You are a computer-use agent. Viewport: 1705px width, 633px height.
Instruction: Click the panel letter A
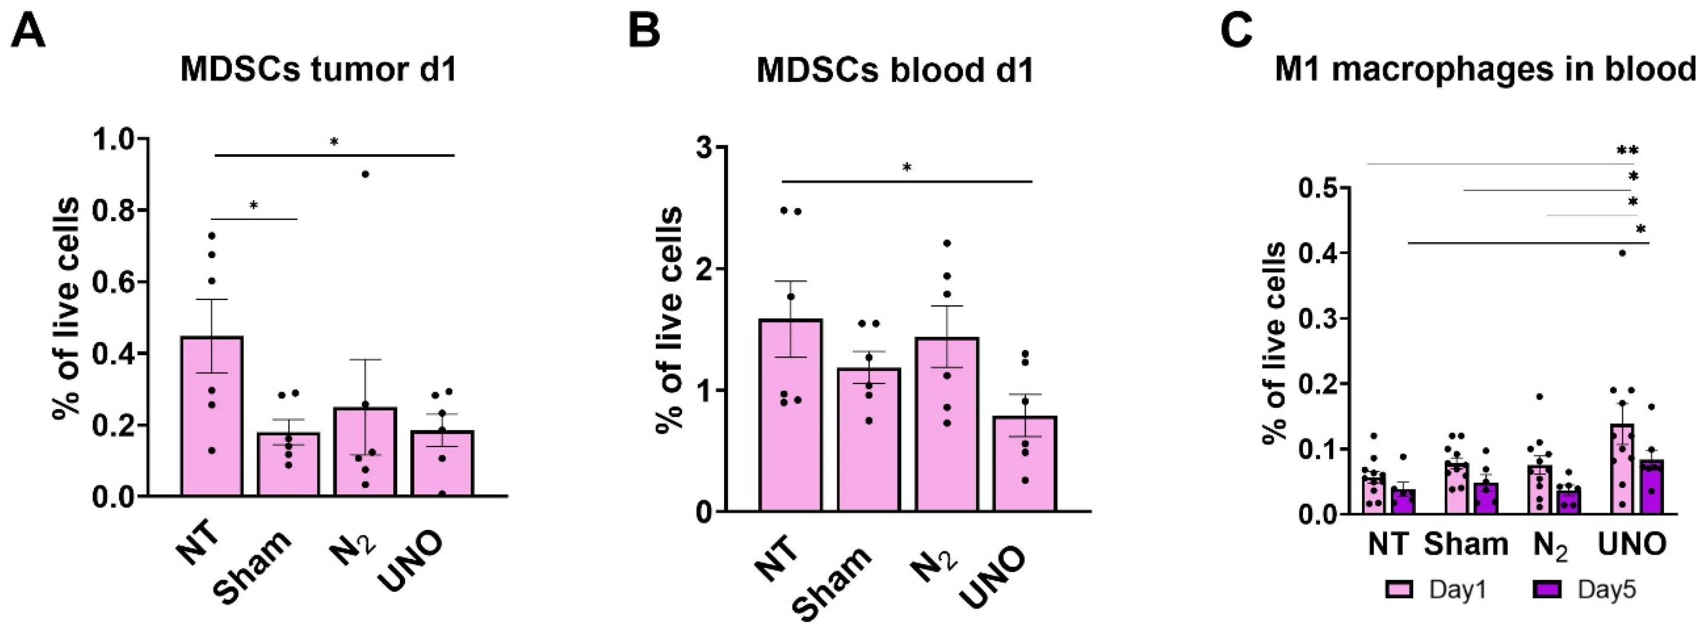(28, 32)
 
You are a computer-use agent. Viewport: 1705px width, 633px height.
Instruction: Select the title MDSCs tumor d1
(318, 70)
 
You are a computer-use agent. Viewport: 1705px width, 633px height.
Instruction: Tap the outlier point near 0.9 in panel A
(365, 174)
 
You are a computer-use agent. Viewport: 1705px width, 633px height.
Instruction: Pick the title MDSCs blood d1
(895, 70)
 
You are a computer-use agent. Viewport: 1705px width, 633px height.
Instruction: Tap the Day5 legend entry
(1586, 589)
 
